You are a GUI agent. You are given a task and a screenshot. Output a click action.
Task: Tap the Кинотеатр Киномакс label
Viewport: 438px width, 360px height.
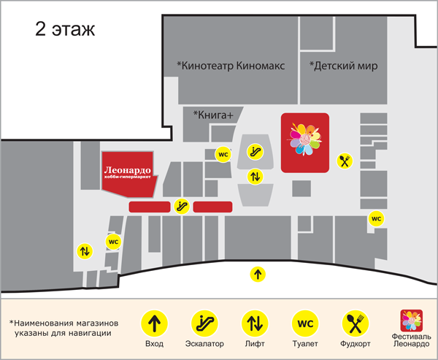[230, 66]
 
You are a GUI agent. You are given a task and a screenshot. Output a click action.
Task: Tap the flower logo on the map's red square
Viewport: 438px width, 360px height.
[304, 140]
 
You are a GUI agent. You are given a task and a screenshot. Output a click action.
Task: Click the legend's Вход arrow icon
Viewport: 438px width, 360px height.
[154, 322]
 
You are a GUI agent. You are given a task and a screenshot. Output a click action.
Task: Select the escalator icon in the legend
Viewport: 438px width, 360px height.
[204, 322]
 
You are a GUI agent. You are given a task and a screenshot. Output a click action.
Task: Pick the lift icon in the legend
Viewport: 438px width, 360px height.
[254, 322]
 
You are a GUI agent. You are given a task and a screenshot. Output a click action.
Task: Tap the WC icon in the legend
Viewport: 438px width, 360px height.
[304, 322]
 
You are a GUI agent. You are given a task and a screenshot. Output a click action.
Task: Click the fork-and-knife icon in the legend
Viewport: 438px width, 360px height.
[355, 322]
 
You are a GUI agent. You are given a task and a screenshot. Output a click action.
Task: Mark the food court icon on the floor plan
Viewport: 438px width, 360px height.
[345, 161]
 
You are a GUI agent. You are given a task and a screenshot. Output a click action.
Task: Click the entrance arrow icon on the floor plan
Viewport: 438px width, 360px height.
[257, 275]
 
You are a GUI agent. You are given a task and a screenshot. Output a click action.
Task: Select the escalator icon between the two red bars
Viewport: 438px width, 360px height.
[182, 207]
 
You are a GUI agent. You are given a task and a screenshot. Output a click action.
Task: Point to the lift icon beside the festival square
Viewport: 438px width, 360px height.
[255, 176]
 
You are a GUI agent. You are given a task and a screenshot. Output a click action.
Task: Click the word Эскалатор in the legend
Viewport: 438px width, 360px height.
[204, 343]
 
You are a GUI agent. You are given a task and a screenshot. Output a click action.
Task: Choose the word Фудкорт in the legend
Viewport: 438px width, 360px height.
[355, 343]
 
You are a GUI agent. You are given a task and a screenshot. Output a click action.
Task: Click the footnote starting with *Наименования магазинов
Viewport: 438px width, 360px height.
[65, 327]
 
